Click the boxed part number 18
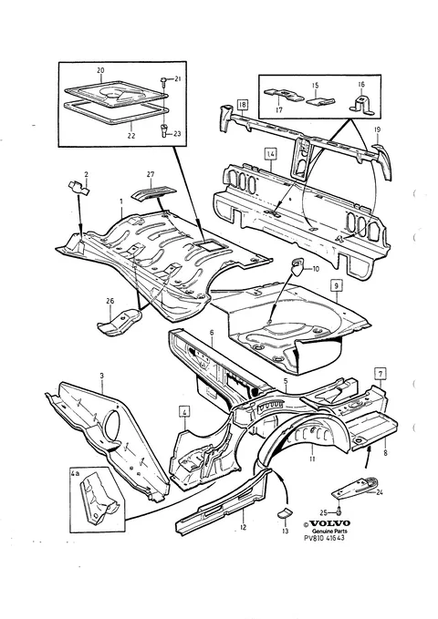[x=243, y=105]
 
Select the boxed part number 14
[x=270, y=153]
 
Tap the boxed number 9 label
[x=336, y=285]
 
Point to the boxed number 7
[x=381, y=373]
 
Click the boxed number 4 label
[x=184, y=412]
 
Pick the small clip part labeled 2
[x=78, y=187]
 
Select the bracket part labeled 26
[x=119, y=323]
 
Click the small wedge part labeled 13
[x=284, y=513]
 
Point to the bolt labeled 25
[x=339, y=512]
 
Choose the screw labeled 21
[x=164, y=81]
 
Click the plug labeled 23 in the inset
[x=164, y=130]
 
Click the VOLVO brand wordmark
[x=329, y=523]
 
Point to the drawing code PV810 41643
[x=324, y=538]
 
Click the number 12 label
[x=243, y=527]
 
